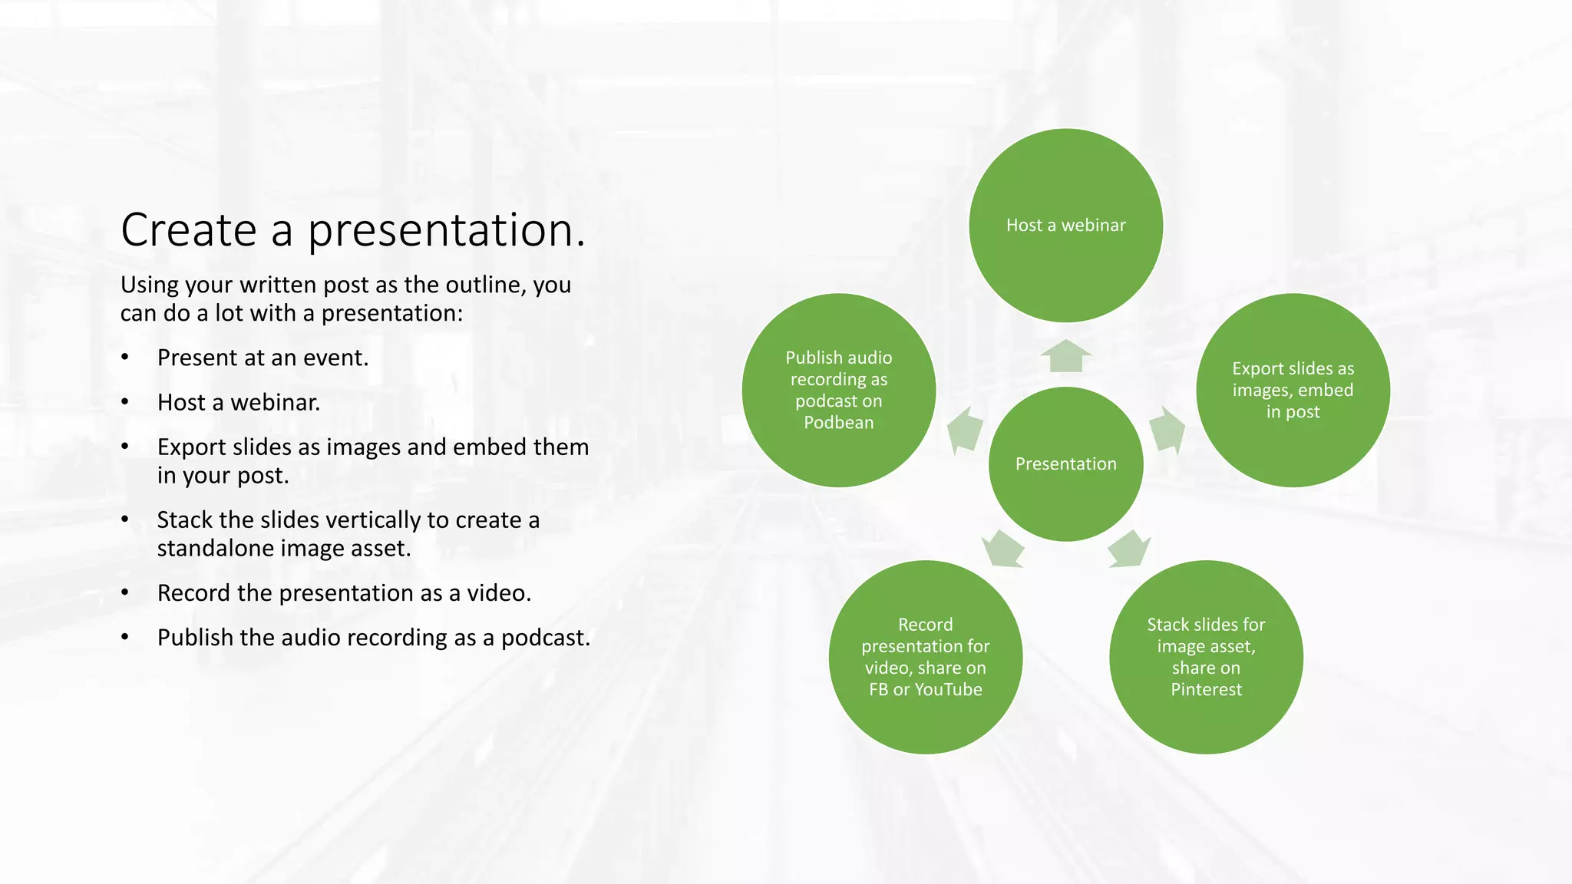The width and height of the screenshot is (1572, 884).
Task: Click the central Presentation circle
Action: click(x=1065, y=463)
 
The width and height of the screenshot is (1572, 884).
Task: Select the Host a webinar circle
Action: click(x=1065, y=225)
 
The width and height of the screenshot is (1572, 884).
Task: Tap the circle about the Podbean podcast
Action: click(x=838, y=390)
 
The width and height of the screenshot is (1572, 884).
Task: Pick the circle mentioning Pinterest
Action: click(x=1206, y=657)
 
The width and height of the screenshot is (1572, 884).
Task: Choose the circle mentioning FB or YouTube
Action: click(x=925, y=657)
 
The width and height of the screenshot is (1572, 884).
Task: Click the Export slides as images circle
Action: click(x=1293, y=390)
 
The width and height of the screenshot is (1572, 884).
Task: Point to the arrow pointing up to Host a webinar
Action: click(x=1065, y=356)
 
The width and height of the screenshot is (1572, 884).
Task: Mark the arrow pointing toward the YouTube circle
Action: click(x=1003, y=549)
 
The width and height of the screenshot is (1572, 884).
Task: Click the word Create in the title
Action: click(x=188, y=229)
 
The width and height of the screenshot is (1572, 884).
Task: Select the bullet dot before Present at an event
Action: click(x=125, y=358)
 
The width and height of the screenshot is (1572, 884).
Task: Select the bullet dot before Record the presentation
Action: click(x=125, y=593)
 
